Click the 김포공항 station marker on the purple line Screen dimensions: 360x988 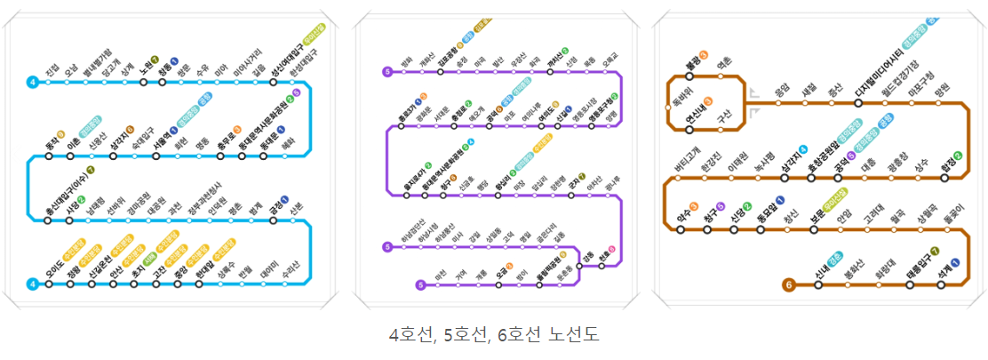pyautogui.click(x=441, y=71)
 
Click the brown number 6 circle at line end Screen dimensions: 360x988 pyautogui.click(x=788, y=285)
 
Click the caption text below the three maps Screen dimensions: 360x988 pyautogui.click(x=494, y=335)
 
